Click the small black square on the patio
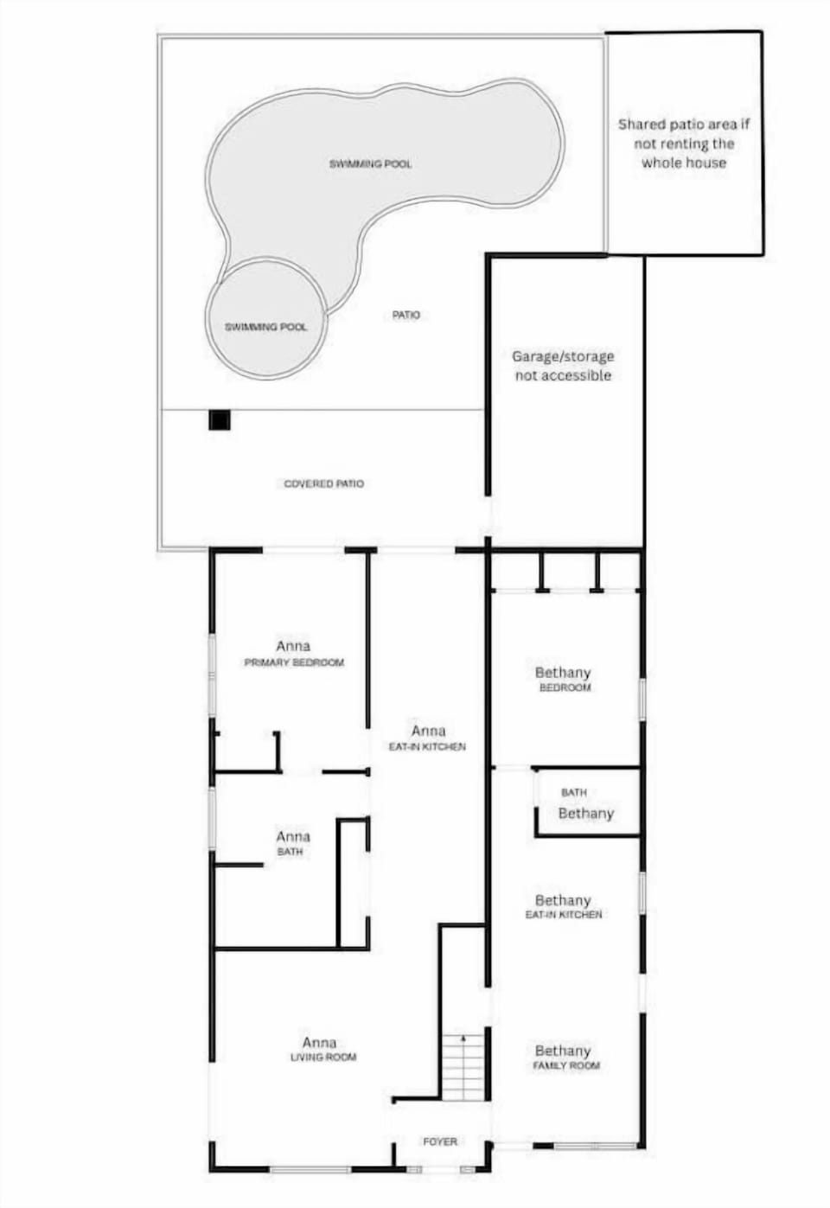pos(220,421)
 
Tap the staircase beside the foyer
pos(463,1067)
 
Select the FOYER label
pos(440,1142)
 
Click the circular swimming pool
pos(266,317)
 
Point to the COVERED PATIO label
pos(324,483)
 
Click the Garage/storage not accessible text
pos(563,366)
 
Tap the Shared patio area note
pos(684,144)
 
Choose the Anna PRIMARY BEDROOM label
pos(294,654)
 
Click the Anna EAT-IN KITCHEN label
pos(427,738)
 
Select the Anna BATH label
pos(292,843)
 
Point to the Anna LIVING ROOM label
pos(322,1049)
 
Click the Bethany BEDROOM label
pos(564,679)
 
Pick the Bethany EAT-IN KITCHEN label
pos(564,906)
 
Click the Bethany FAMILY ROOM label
pos(565,1058)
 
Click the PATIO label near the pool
pos(405,315)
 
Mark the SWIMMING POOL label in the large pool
pos(370,163)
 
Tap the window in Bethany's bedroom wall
pos(642,698)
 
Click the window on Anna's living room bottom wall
pos(310,1170)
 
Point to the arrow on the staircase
pos(463,1039)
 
